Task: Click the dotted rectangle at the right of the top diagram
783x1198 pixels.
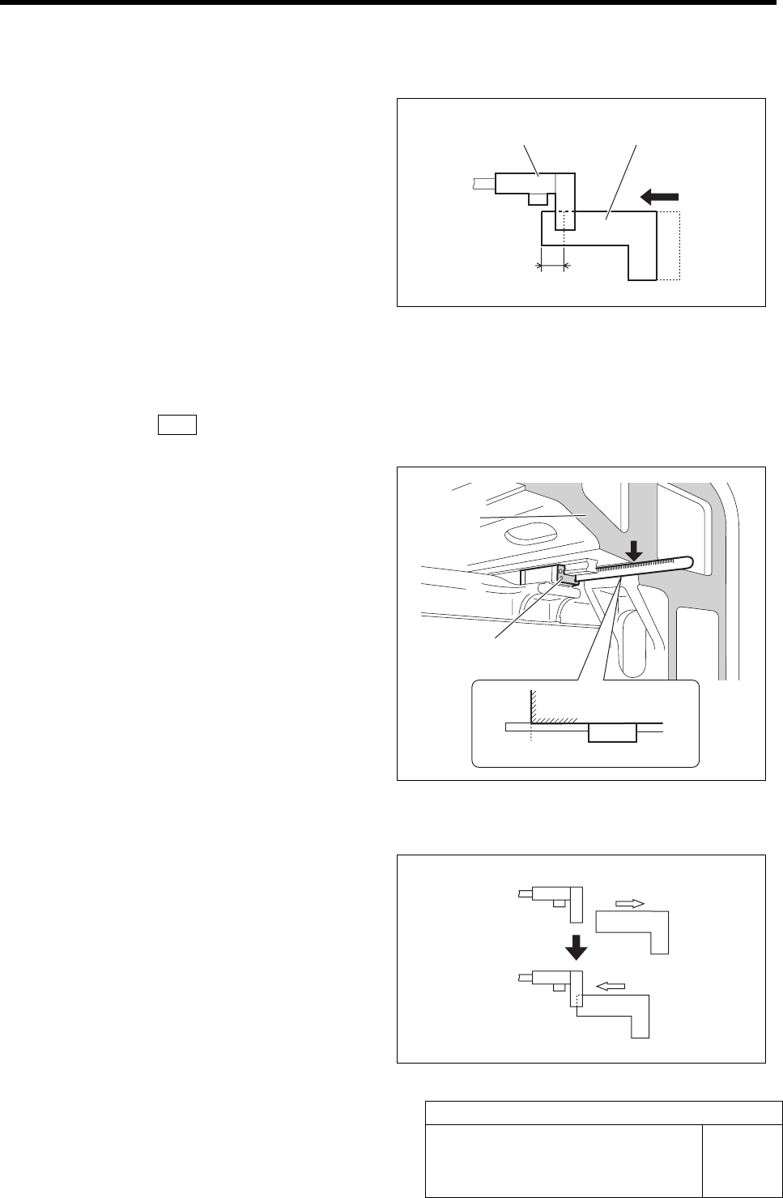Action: tap(669, 245)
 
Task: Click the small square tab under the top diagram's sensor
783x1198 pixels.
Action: tap(537, 198)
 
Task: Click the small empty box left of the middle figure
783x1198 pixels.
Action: tap(177, 424)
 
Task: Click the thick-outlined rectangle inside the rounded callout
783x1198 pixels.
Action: tap(612, 733)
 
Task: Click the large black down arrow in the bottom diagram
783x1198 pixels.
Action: tap(575, 945)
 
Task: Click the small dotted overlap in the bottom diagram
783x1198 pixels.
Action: tap(577, 1000)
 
